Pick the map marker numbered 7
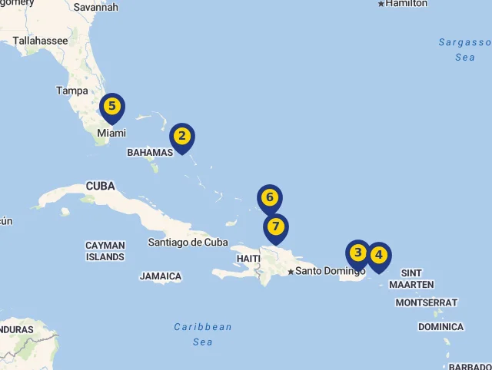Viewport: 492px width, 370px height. pyautogui.click(x=275, y=227)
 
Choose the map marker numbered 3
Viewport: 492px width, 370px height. pyautogui.click(x=357, y=253)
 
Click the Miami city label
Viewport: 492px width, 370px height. pyautogui.click(x=111, y=134)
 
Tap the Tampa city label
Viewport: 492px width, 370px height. pyautogui.click(x=72, y=91)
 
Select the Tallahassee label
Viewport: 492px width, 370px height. pyautogui.click(x=40, y=41)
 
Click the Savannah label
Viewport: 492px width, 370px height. pyautogui.click(x=96, y=8)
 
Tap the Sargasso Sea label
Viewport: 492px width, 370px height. pyautogui.click(x=464, y=49)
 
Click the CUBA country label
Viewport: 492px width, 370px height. pyautogui.click(x=101, y=186)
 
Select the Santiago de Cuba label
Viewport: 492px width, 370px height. pyautogui.click(x=188, y=242)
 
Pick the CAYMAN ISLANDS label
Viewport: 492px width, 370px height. pyautogui.click(x=105, y=251)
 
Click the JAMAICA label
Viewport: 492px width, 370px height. pyautogui.click(x=161, y=276)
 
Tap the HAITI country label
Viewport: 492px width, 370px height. pyautogui.click(x=248, y=259)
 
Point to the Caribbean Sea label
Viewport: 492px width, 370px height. pyautogui.click(x=203, y=334)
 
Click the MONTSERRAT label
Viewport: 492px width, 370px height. pyautogui.click(x=427, y=302)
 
